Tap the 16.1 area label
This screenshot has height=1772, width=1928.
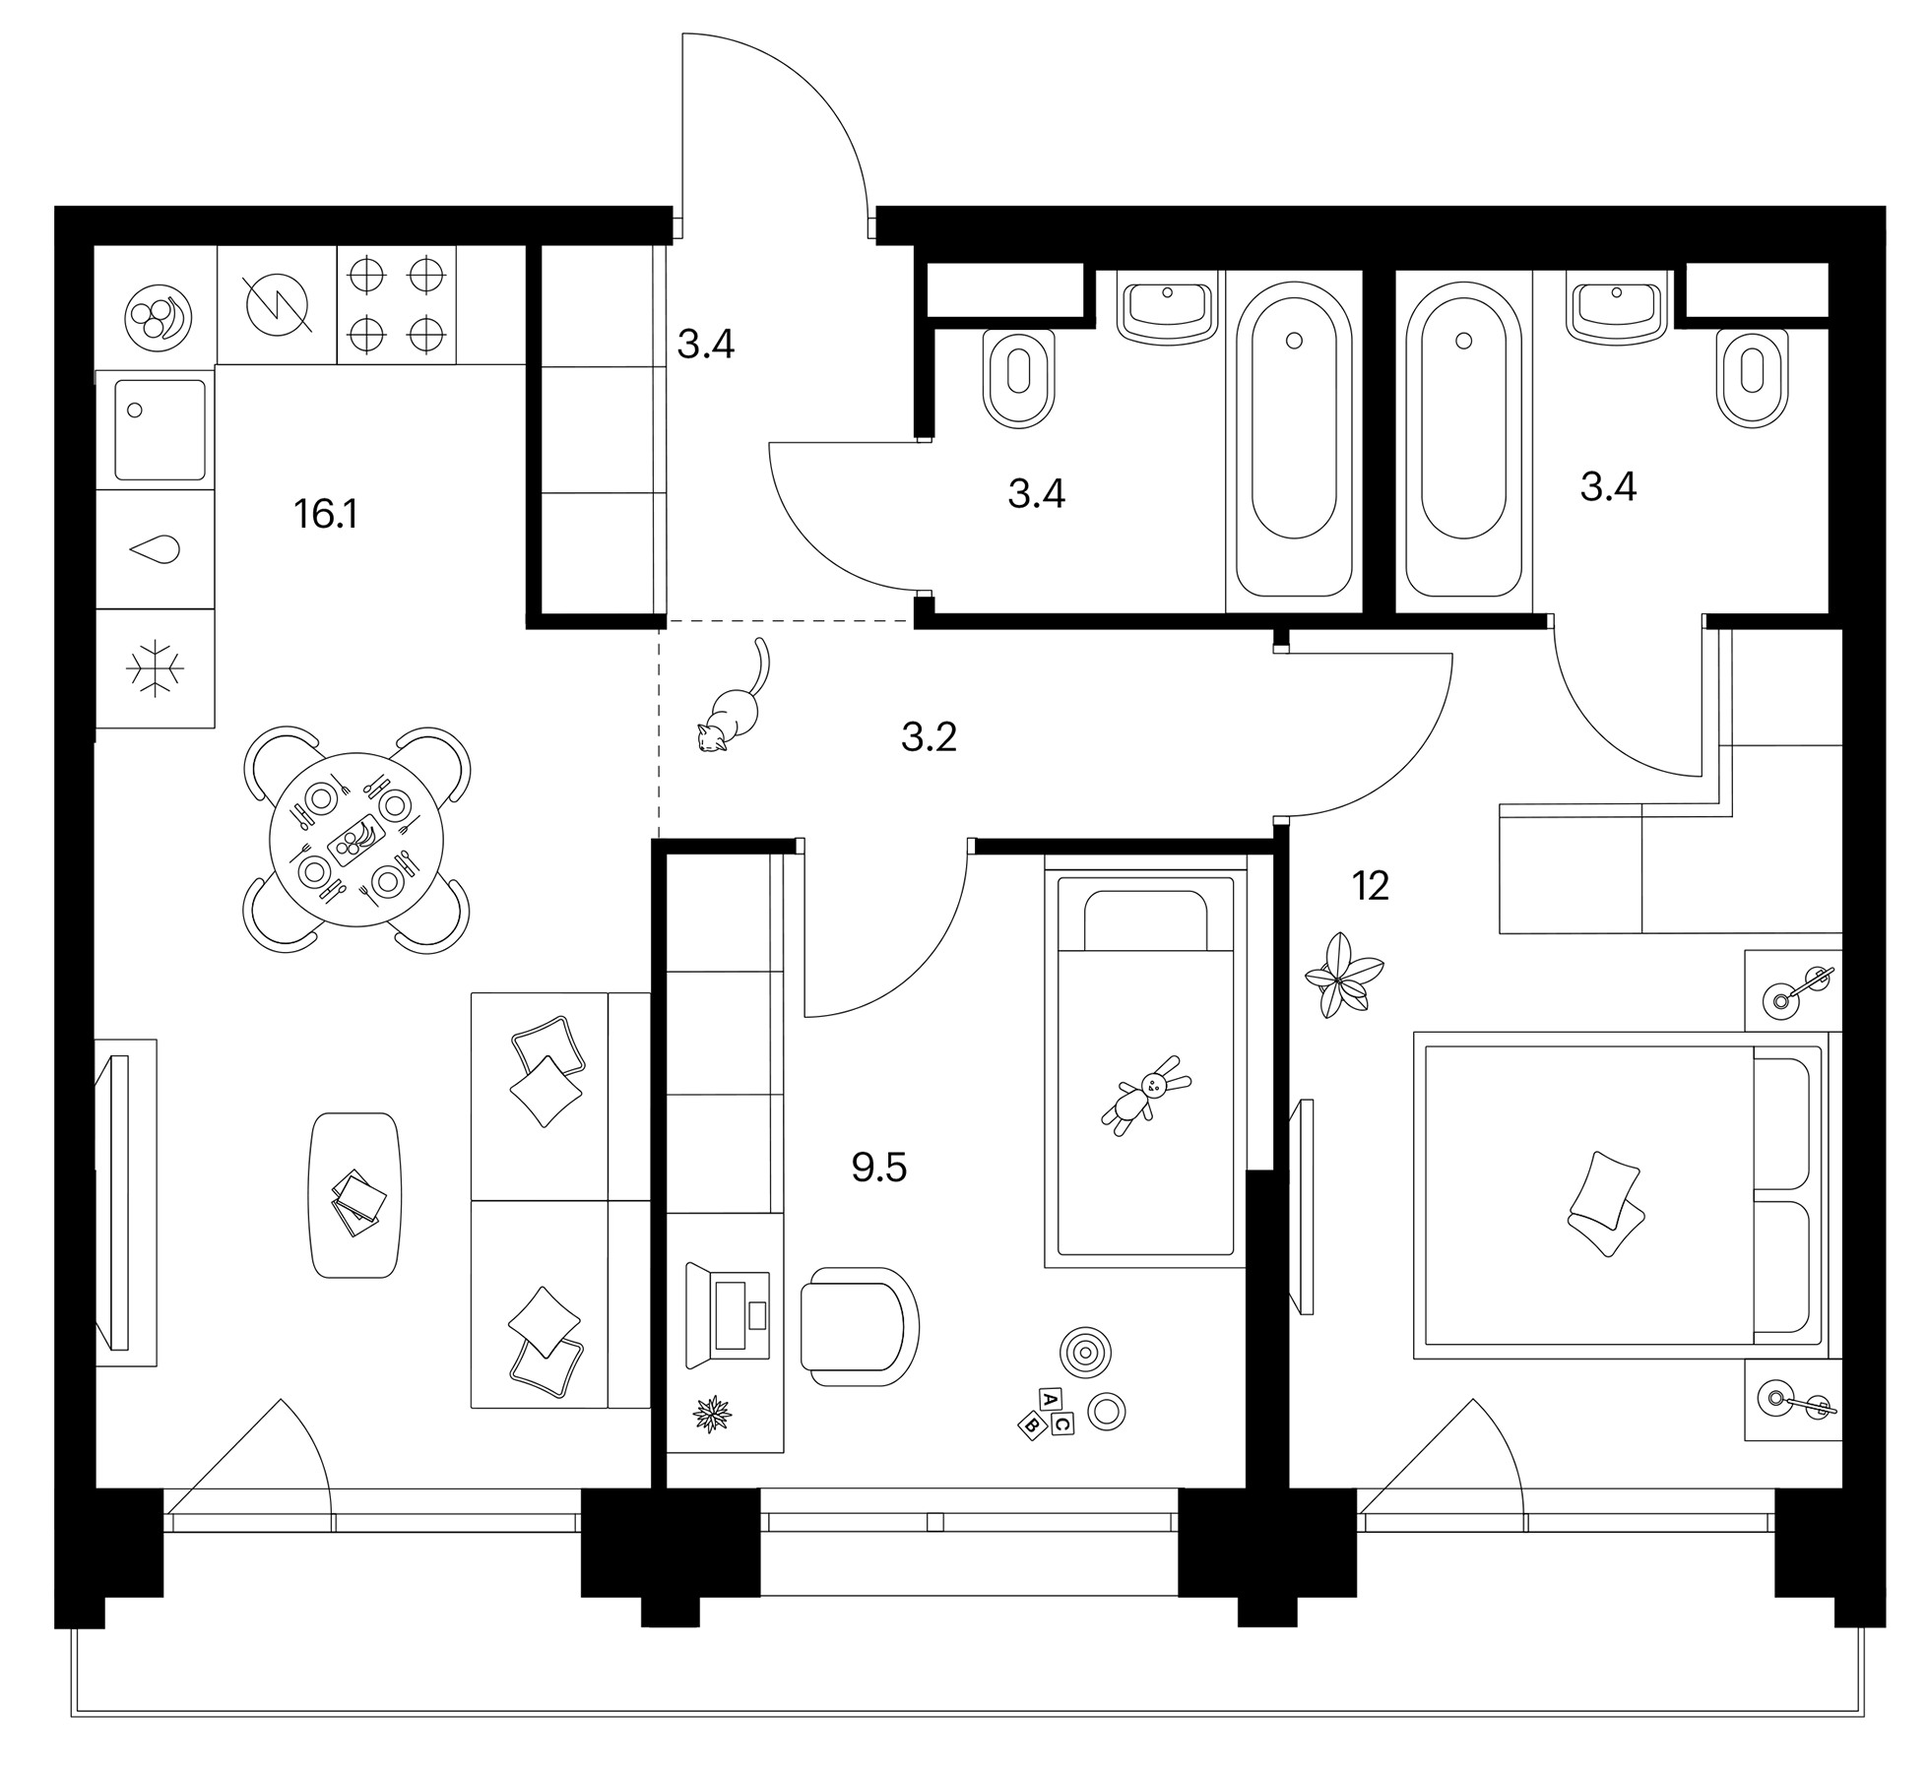click(x=325, y=514)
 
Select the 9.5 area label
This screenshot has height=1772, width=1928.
click(x=878, y=1168)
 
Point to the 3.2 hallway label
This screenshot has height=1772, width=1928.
click(x=929, y=737)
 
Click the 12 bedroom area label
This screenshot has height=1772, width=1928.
click(x=1370, y=887)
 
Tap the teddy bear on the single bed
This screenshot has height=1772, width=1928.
click(x=1146, y=1095)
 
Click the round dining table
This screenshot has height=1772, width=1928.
click(x=355, y=840)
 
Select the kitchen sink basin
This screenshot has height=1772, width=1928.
click(x=161, y=429)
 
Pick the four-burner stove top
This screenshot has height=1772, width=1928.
click(x=396, y=304)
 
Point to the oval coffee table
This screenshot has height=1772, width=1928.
click(x=354, y=1195)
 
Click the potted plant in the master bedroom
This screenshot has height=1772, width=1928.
click(x=1341, y=975)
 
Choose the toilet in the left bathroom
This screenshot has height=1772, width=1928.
click(x=1018, y=377)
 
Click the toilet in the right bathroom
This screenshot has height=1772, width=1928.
click(x=1752, y=377)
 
